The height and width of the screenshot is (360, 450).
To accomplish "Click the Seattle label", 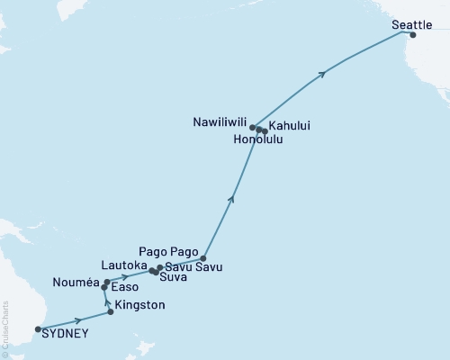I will (411, 25).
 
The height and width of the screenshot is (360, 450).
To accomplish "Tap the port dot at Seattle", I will (412, 35).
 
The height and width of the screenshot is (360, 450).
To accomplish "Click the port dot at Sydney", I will (38, 328).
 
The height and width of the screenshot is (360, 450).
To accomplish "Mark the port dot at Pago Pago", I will (203, 258).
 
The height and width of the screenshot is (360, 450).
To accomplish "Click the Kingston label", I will (140, 306).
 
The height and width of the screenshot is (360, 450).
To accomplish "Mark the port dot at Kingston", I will (111, 312).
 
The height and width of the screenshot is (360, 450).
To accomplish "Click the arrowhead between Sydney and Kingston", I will (79, 319).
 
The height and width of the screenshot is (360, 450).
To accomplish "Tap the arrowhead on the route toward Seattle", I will (321, 74).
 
